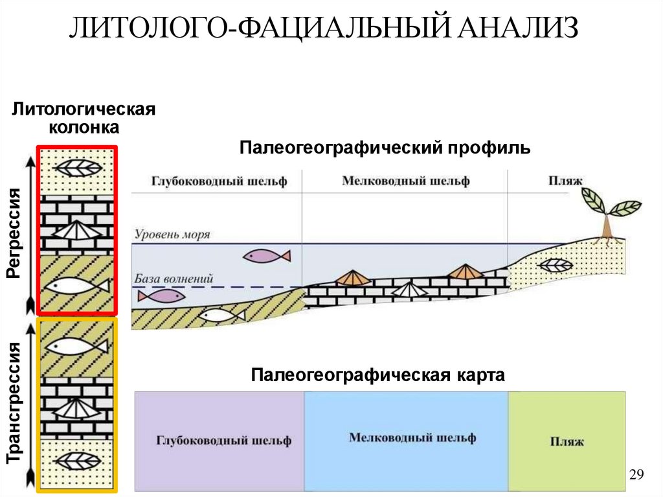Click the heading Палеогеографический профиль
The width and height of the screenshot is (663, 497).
pyautogui.click(x=385, y=148)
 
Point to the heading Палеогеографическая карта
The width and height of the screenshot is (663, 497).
pyautogui.click(x=378, y=376)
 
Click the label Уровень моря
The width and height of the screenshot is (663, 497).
pyautogui.click(x=172, y=235)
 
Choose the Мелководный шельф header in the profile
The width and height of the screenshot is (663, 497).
pyautogui.click(x=405, y=181)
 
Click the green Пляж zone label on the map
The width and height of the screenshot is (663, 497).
pyautogui.click(x=567, y=442)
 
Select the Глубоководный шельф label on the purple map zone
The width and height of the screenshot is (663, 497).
pyautogui.click(x=223, y=441)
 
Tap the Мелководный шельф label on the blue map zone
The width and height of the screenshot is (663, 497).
pyautogui.click(x=412, y=437)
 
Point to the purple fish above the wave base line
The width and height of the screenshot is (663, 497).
pyautogui.click(x=266, y=257)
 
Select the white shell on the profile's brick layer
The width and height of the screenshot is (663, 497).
pyautogui.click(x=410, y=290)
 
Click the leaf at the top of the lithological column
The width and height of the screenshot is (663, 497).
pyautogui.click(x=78, y=168)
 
